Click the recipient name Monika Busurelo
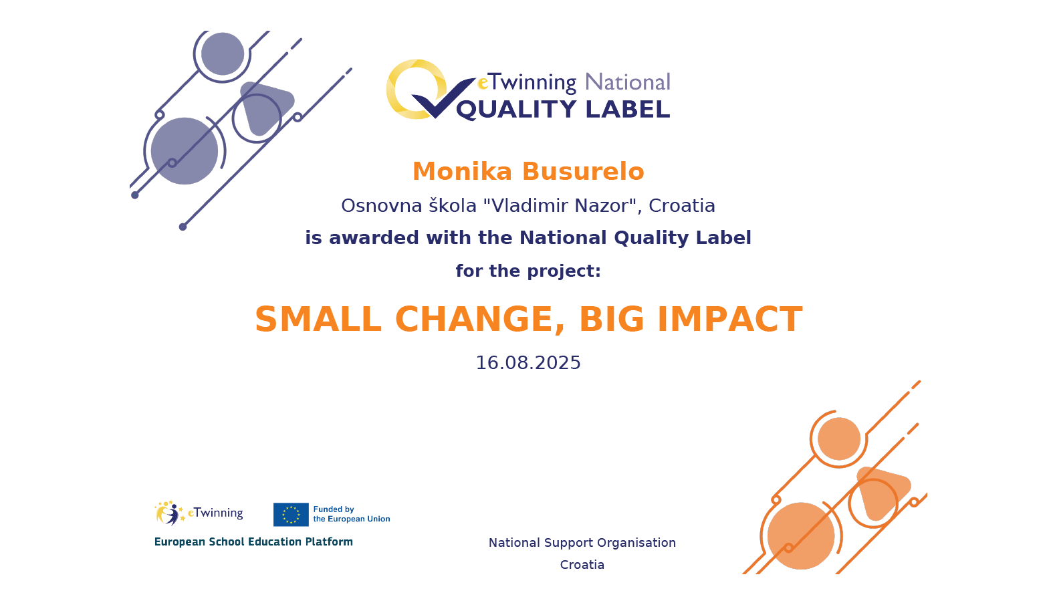pyautogui.click(x=528, y=171)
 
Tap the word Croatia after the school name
pyautogui.click(x=682, y=206)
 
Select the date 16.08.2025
pyautogui.click(x=528, y=363)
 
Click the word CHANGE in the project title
pyautogui.click(x=479, y=320)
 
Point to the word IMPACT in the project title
pyautogui.click(x=729, y=320)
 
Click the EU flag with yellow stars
pyautogui.click(x=291, y=515)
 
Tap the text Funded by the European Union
pyautogui.click(x=352, y=514)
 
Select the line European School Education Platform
pyautogui.click(x=253, y=541)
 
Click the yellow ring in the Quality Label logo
pyautogui.click(x=414, y=90)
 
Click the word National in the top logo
pyautogui.click(x=628, y=82)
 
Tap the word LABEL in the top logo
pyautogui.click(x=628, y=109)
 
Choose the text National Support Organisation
pyautogui.click(x=582, y=543)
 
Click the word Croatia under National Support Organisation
pyautogui.click(x=582, y=564)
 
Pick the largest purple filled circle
pyautogui.click(x=185, y=151)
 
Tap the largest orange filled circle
pyautogui.click(x=801, y=535)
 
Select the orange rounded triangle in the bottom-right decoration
pyautogui.click(x=883, y=493)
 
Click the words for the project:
pyautogui.click(x=528, y=271)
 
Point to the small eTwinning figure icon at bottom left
pyautogui.click(x=168, y=513)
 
